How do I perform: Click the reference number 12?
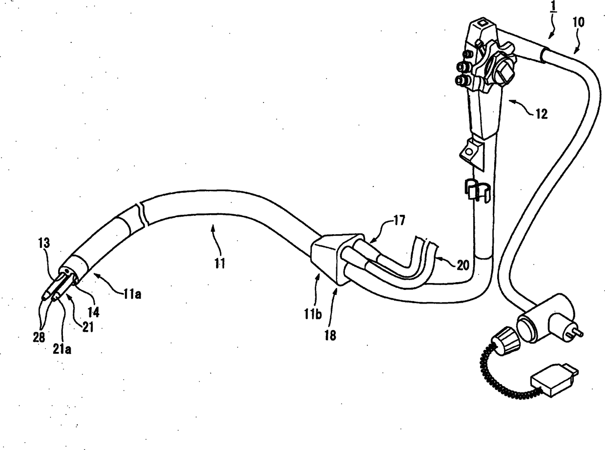(541, 115)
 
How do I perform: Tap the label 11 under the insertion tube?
(220, 264)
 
